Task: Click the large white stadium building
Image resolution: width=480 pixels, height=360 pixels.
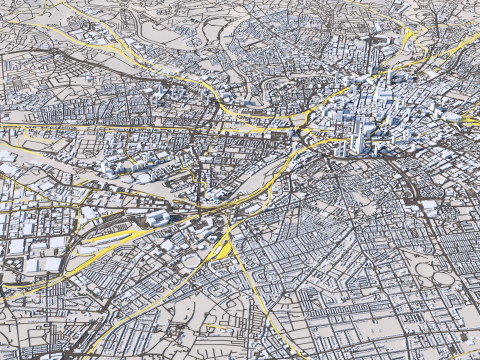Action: tap(158, 218)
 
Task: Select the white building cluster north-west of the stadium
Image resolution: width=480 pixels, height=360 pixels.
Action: tap(120, 165)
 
